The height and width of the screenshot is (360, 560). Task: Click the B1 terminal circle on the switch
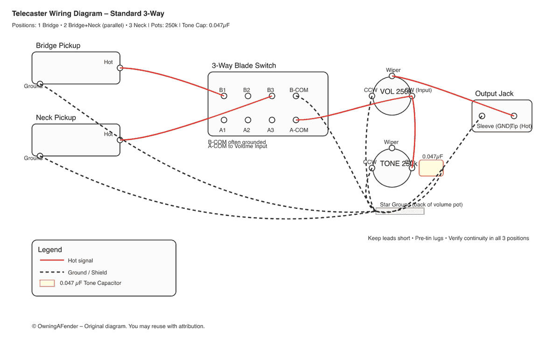(x=224, y=96)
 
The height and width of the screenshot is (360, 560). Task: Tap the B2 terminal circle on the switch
(x=248, y=96)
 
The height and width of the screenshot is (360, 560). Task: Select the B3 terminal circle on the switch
(x=272, y=96)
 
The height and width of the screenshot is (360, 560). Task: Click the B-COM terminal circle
(x=295, y=96)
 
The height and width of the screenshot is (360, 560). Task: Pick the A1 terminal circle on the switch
(x=224, y=120)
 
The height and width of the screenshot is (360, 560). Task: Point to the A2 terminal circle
(x=248, y=120)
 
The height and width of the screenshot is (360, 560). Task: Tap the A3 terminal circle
(x=272, y=120)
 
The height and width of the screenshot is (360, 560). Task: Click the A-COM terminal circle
(x=295, y=120)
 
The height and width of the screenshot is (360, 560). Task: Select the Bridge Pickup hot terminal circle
(x=120, y=68)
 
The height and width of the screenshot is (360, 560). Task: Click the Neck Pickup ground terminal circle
(x=40, y=155)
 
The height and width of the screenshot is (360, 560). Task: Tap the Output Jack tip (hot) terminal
(x=514, y=116)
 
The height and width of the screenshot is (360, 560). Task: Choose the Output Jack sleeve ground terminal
(x=482, y=116)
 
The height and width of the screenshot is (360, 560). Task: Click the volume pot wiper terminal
(x=392, y=76)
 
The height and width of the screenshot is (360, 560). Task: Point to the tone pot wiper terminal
(x=392, y=148)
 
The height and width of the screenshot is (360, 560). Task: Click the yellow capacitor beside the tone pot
(x=431, y=168)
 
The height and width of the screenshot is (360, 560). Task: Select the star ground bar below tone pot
(x=400, y=212)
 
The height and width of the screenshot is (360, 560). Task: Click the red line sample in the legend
(x=52, y=261)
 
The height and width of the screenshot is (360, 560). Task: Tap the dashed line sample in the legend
(x=52, y=272)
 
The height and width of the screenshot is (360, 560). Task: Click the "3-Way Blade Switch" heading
(x=244, y=66)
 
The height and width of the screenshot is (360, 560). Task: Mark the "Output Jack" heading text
(x=494, y=94)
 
